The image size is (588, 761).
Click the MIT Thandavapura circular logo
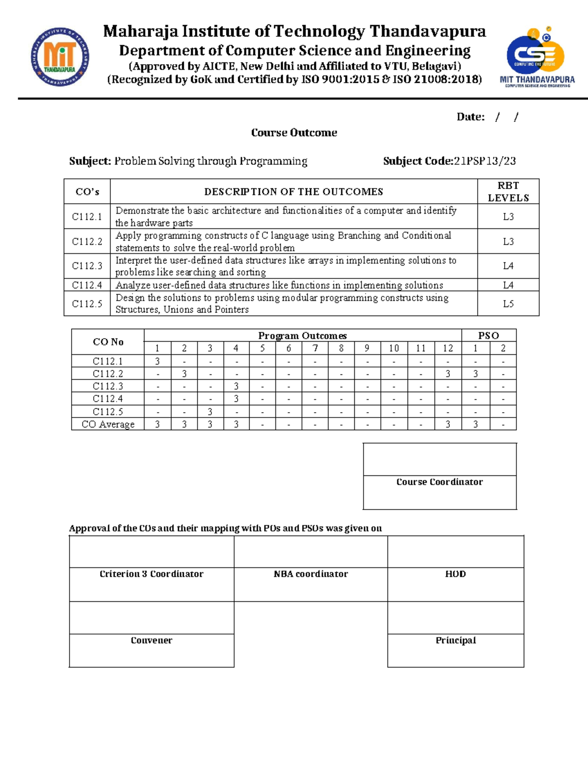coord(60,57)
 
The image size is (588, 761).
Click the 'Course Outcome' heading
coord(294,133)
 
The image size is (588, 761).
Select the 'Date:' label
coord(470,117)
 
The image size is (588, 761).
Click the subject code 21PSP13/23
coord(485,161)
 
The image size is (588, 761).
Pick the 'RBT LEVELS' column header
coord(508,192)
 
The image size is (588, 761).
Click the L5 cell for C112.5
coord(508,304)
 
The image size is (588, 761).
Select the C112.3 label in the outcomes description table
coord(87,266)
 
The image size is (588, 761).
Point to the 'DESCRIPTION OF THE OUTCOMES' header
coord(294,192)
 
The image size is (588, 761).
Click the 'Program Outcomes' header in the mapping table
coord(302,336)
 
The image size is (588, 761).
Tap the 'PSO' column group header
coord(489,336)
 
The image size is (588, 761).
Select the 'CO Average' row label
coord(108,424)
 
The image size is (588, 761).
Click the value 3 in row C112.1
coord(157,362)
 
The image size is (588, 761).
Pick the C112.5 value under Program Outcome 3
coord(210,412)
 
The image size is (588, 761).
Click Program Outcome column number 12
coord(448,348)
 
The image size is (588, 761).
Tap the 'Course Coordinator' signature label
coord(440,482)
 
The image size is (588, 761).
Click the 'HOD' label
coord(455,574)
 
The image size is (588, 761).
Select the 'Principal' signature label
coord(456,640)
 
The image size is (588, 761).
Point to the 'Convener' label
coord(151,640)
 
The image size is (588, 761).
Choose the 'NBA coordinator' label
coord(311,574)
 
